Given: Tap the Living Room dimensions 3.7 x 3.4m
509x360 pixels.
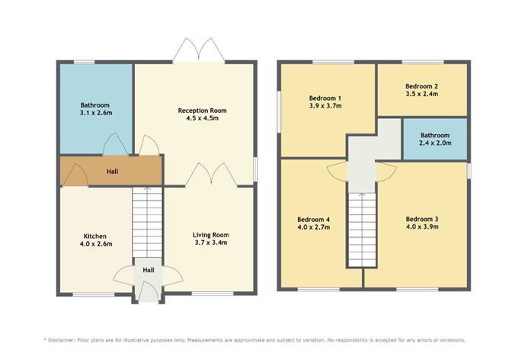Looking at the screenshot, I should coord(211,243).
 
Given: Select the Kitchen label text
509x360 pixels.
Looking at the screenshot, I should coord(95,236).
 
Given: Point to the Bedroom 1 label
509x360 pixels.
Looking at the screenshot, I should coord(325,98).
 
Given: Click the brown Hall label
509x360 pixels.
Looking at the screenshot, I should coord(111,172).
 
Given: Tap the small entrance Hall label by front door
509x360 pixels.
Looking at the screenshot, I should coord(149,270).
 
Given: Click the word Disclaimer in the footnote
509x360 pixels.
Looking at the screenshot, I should coord(68,339).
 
